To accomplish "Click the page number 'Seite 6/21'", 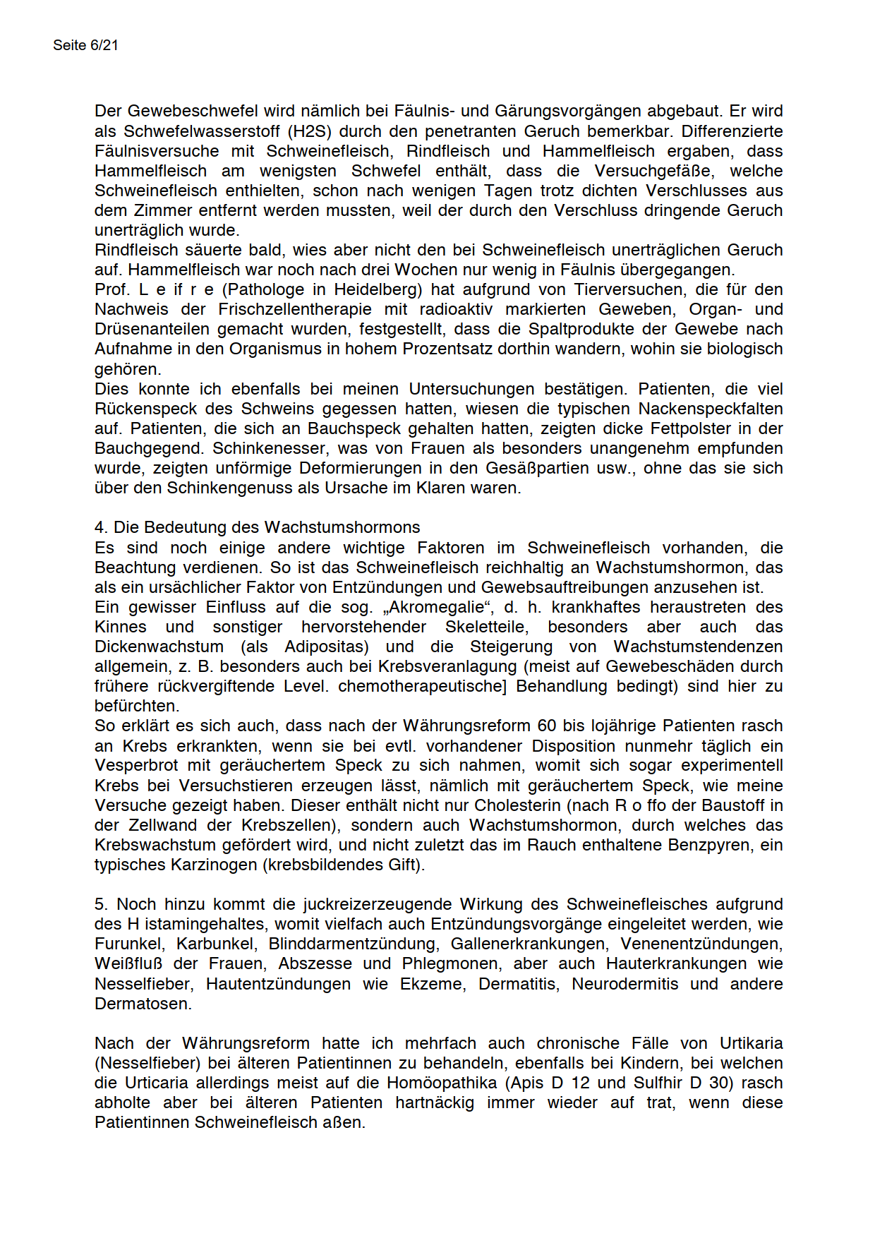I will (85, 45).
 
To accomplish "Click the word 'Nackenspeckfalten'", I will (711, 409).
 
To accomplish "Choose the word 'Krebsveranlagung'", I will (450, 666).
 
